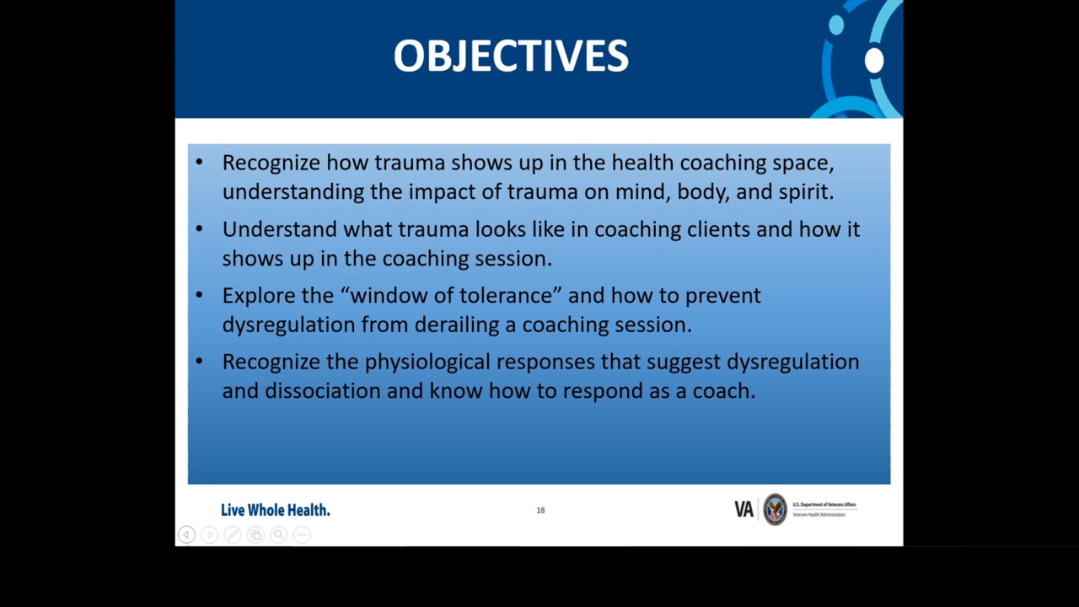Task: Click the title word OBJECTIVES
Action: (511, 56)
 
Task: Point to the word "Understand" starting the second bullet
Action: (279, 229)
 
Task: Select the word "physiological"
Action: (427, 363)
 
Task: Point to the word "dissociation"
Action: (322, 390)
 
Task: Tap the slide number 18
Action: (540, 510)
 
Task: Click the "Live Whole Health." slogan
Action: (276, 510)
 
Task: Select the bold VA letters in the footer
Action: (743, 509)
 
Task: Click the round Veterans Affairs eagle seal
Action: (775, 509)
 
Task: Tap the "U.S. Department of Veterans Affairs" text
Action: (824, 504)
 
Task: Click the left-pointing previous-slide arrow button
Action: (186, 534)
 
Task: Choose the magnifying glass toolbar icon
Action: (278, 534)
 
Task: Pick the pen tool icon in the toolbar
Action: (233, 534)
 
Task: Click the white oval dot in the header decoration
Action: (874, 61)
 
